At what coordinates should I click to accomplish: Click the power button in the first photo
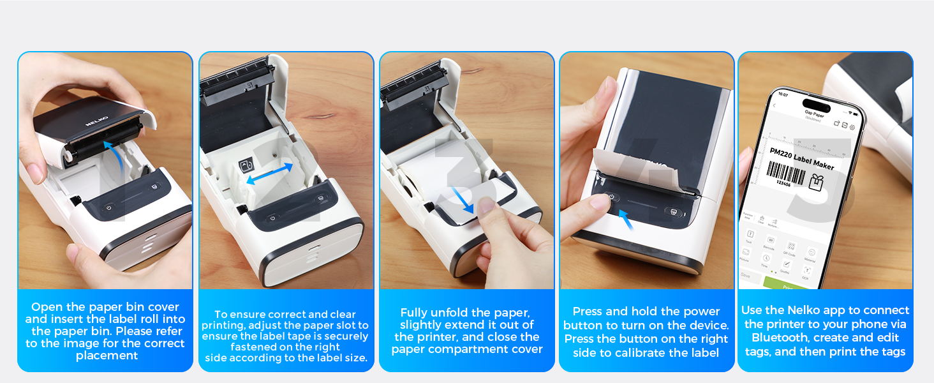(x=108, y=207)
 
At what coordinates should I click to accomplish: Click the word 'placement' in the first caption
(x=107, y=356)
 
